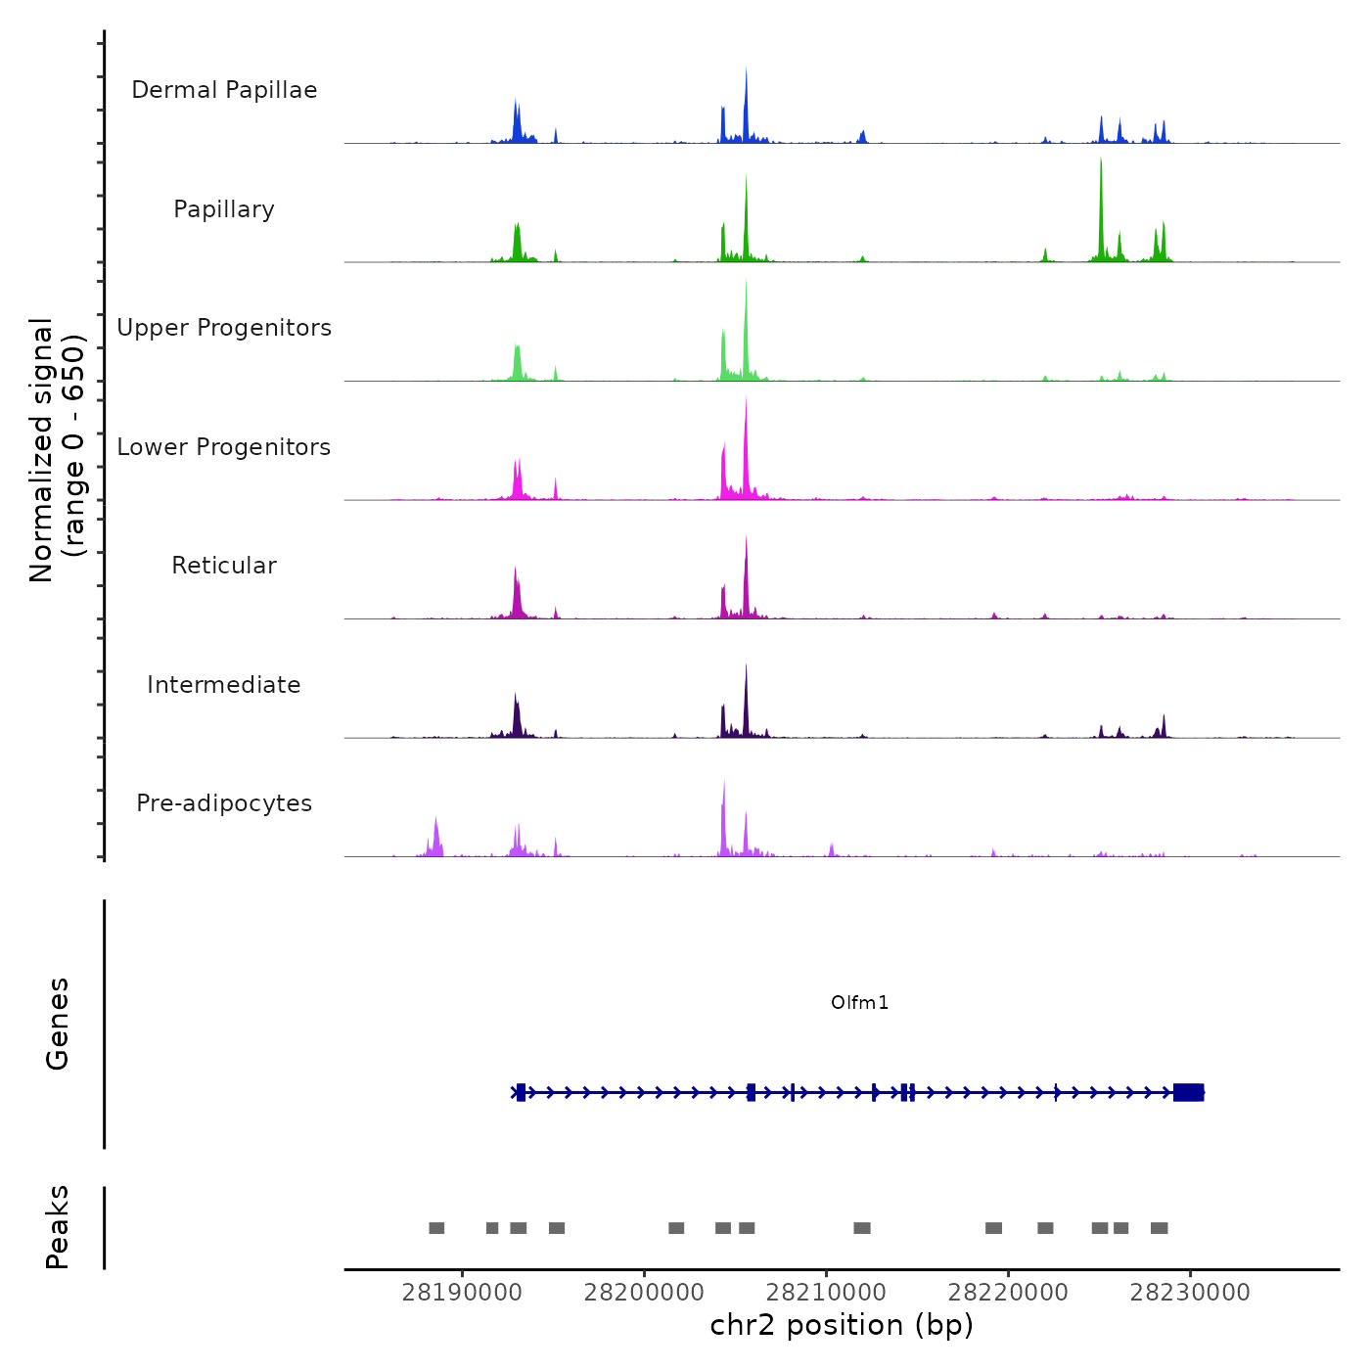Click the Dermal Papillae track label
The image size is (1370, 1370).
point(224,90)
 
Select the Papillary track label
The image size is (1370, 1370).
point(224,209)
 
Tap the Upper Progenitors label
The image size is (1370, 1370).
point(224,328)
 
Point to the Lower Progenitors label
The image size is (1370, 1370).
point(224,447)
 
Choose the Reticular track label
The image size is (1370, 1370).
point(224,566)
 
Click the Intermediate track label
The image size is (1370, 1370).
point(224,685)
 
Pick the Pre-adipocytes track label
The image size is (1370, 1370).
point(224,803)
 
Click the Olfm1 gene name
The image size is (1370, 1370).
point(859,1002)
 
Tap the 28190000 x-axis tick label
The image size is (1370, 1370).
point(462,1293)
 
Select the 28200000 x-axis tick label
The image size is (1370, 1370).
point(644,1293)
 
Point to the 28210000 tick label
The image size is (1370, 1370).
point(826,1293)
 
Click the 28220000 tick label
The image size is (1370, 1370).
point(1008,1293)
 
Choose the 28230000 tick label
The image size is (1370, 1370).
point(1190,1293)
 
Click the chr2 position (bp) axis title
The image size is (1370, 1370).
point(842,1325)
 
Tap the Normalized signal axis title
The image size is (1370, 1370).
point(57,450)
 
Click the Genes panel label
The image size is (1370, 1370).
point(57,1024)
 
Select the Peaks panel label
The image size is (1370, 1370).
point(57,1227)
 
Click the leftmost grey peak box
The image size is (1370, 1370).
point(436,1228)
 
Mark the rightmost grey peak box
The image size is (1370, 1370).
point(1159,1228)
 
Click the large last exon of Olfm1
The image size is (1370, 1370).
point(1188,1092)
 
